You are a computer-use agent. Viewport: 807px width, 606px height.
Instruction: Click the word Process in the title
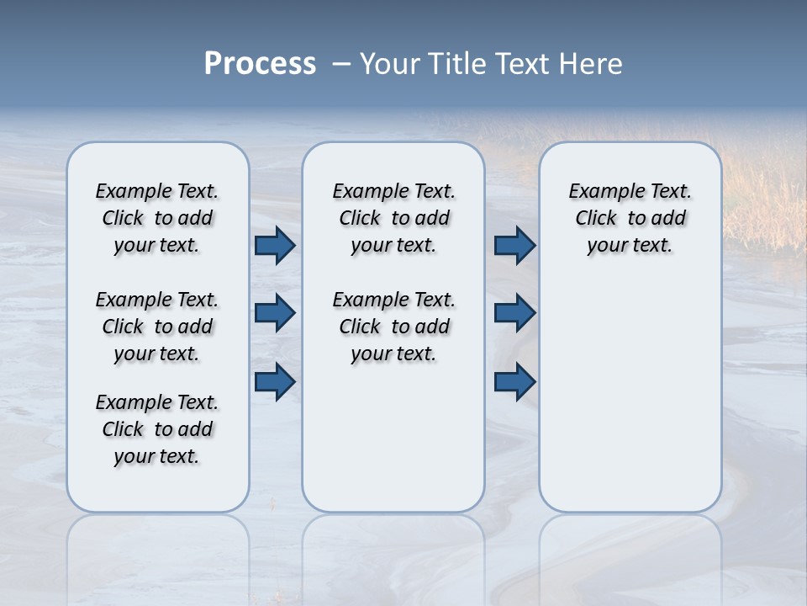[x=260, y=64]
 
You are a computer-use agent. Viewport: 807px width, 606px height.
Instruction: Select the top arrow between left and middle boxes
[x=275, y=245]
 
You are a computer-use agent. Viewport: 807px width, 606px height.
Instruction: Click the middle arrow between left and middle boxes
[x=275, y=313]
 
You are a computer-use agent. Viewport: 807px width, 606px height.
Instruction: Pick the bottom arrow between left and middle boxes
[x=275, y=381]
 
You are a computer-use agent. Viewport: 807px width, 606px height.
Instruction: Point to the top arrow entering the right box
[x=514, y=245]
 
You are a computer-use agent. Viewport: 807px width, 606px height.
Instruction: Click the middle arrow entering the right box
[x=514, y=313]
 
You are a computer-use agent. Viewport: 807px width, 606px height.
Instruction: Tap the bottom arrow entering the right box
[x=514, y=381]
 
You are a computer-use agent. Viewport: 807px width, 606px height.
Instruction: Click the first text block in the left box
[x=157, y=218]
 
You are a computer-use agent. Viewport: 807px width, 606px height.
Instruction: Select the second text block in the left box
[x=157, y=327]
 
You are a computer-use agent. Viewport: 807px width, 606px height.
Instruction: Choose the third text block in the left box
[x=157, y=429]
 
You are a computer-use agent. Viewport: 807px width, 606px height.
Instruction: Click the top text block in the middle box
[x=393, y=218]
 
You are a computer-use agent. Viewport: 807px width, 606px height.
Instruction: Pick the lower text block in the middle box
[x=393, y=327]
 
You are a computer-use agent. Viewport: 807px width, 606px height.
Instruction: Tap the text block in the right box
[x=630, y=218]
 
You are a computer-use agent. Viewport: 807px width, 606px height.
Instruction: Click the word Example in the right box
[x=600, y=192]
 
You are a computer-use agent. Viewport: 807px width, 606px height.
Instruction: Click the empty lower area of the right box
[x=630, y=404]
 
